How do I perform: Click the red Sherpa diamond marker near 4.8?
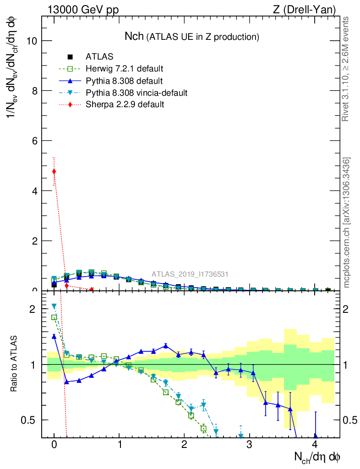54,172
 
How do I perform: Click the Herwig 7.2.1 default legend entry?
124,69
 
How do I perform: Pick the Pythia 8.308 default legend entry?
124,81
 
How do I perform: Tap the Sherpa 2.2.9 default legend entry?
125,105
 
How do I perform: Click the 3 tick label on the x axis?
249,445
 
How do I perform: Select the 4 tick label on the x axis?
315,445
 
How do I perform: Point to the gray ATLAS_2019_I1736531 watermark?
190,274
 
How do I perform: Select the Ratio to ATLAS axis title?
14,364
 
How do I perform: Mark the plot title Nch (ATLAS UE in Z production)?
192,36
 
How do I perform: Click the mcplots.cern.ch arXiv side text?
347,222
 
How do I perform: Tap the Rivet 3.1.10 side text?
347,69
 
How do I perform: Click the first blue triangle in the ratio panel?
54,337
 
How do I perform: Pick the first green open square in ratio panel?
54,317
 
